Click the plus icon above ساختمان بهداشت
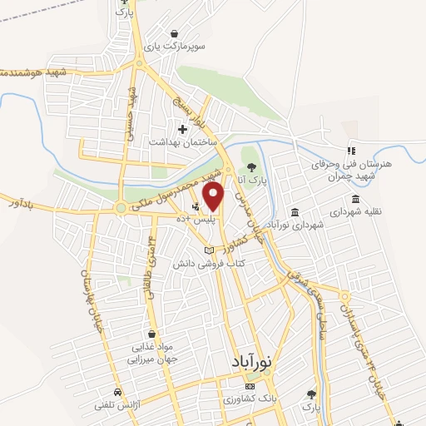click(182, 128)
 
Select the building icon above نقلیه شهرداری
click(357, 199)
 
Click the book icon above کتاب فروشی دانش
click(209, 250)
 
